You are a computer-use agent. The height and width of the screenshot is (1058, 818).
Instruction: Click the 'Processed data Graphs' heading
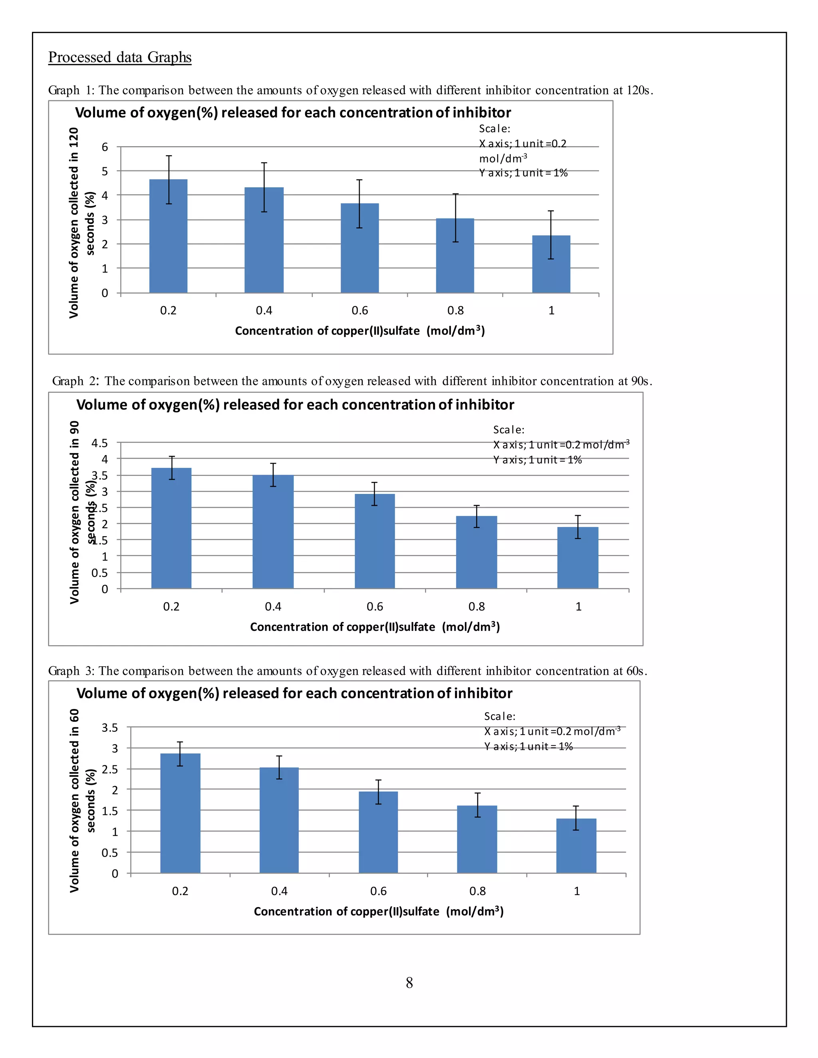tap(120, 57)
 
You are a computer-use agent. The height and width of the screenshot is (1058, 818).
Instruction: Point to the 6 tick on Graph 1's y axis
tap(105, 147)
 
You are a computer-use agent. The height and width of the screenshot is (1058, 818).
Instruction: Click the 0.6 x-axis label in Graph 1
tap(359, 311)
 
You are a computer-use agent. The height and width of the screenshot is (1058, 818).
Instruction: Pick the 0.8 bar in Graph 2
tap(477, 552)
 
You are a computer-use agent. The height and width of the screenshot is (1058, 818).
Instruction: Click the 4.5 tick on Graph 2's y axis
tap(100, 443)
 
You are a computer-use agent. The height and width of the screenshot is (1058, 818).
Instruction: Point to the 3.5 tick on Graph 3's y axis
tap(110, 727)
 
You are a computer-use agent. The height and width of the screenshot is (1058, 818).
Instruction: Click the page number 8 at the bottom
tap(409, 983)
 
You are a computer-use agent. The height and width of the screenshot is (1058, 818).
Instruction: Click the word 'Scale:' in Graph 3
tap(500, 716)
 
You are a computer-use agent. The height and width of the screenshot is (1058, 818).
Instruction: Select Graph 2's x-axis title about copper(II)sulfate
tap(375, 627)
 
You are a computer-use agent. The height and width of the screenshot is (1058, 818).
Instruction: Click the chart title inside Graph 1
tap(293, 113)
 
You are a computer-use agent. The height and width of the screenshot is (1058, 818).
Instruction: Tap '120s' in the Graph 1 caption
tap(639, 90)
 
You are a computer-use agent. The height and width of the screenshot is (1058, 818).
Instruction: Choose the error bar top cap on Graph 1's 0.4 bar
tap(264, 163)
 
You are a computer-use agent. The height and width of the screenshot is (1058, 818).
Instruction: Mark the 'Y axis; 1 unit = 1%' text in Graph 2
tap(538, 460)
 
